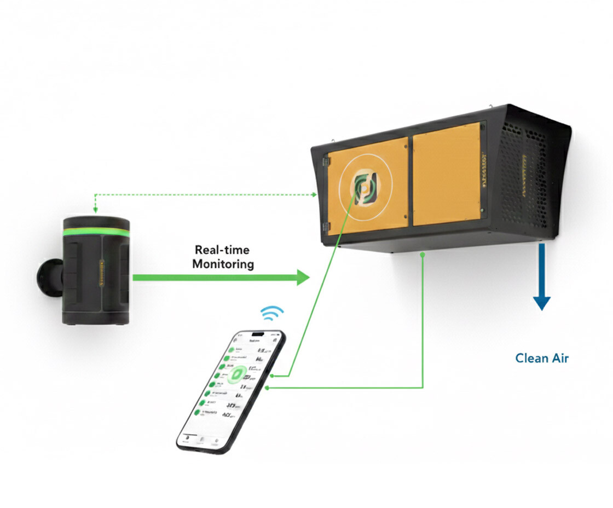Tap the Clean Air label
point(542,359)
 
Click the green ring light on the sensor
point(96,232)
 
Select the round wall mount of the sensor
point(47,276)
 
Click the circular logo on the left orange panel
point(361,189)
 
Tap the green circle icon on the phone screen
point(237,375)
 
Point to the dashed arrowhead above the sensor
point(95,211)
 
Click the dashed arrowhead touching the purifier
point(314,194)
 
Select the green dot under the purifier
point(423,255)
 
